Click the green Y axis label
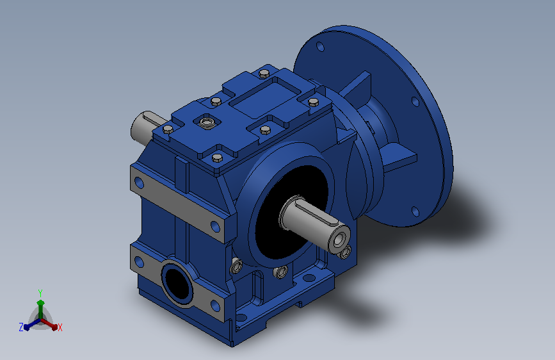coord(40,293)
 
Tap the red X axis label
coord(60,327)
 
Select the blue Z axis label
coord(21,327)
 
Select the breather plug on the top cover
coord(206,122)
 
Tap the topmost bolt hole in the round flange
coord(320,46)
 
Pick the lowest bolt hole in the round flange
coord(415,211)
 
